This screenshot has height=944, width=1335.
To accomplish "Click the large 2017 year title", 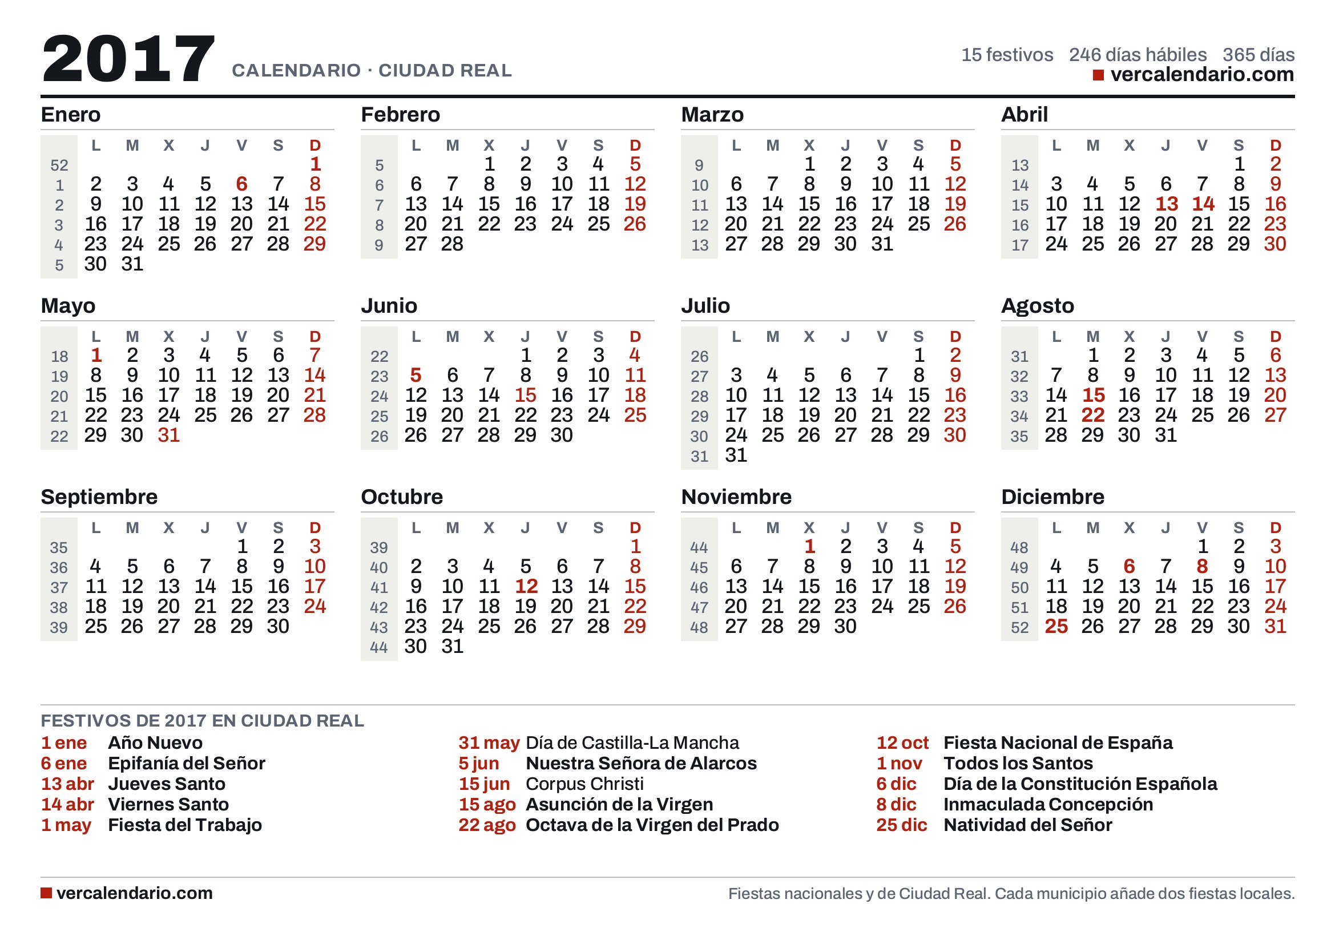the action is (x=128, y=58).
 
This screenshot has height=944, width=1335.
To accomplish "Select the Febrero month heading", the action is (x=400, y=115).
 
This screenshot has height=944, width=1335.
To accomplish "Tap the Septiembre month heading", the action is (x=99, y=497).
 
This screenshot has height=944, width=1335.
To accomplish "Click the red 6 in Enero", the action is (x=242, y=184).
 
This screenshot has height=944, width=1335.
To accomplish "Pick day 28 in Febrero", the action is (x=453, y=244).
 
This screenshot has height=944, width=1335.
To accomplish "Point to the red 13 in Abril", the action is (x=1167, y=204).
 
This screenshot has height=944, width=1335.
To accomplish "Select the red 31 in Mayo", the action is (x=168, y=435).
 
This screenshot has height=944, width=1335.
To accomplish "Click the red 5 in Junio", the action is (x=416, y=376).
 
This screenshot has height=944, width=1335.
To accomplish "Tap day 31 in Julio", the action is (x=736, y=455).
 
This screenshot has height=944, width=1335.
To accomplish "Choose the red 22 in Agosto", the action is (x=1092, y=415).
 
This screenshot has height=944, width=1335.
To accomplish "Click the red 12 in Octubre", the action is (x=526, y=587).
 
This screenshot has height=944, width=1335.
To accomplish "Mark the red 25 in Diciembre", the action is (x=1056, y=627).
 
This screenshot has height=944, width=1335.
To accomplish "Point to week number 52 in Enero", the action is (x=59, y=166).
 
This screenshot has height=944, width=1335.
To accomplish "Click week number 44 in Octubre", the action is (x=379, y=648).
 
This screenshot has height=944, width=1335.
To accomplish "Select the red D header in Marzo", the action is (x=955, y=146).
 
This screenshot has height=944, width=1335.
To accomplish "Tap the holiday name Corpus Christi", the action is (x=584, y=784).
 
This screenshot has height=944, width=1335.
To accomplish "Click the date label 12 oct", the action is (x=902, y=743).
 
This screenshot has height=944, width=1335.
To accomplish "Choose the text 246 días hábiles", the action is (x=1138, y=55).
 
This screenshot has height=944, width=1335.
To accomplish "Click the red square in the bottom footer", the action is (x=46, y=893).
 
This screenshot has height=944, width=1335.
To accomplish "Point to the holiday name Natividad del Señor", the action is (x=1027, y=825).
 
